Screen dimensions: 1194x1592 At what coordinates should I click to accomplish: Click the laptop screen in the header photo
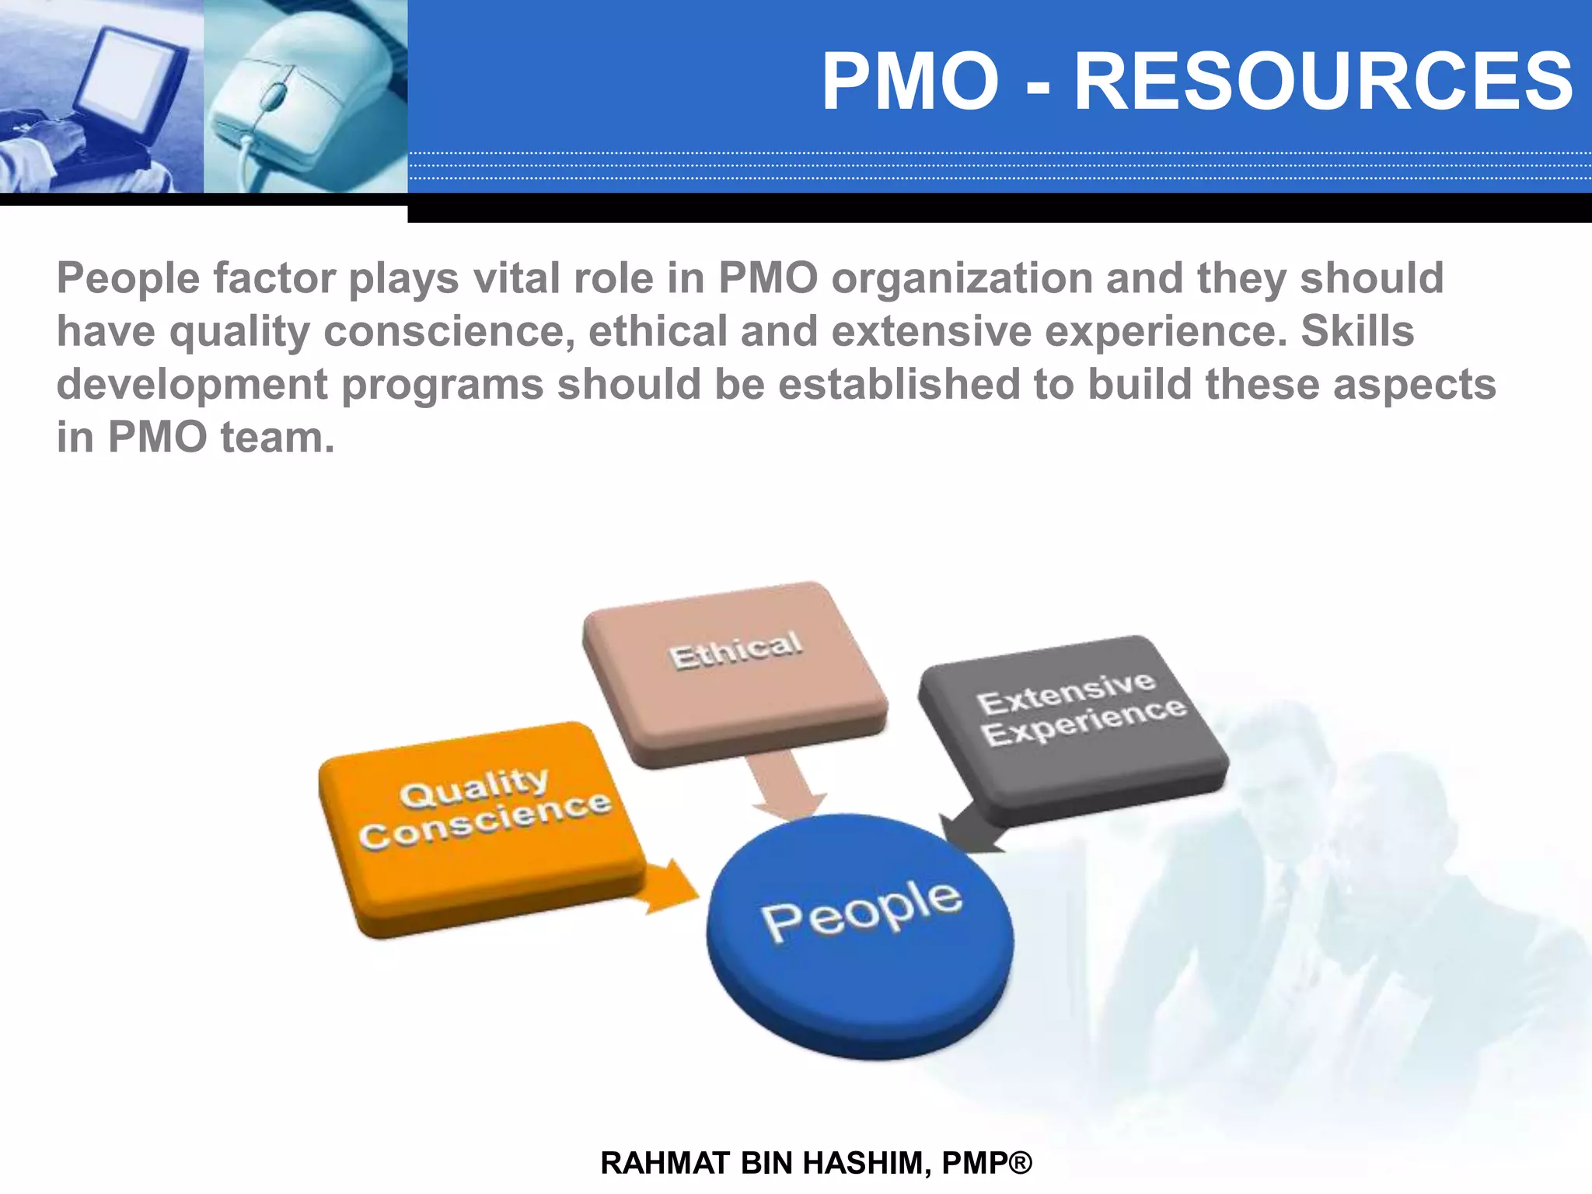point(128,82)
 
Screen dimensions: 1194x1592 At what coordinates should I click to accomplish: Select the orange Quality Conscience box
point(482,828)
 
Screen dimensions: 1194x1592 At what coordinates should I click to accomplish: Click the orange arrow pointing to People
point(669,886)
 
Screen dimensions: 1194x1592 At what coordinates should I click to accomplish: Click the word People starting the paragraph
point(128,278)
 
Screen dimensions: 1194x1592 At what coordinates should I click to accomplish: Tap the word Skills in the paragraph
point(1356,331)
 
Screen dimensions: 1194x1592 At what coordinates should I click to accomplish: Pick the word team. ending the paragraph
point(278,437)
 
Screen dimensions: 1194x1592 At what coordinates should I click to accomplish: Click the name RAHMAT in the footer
point(665,1163)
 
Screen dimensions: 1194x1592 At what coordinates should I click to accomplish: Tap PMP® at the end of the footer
point(986,1163)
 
